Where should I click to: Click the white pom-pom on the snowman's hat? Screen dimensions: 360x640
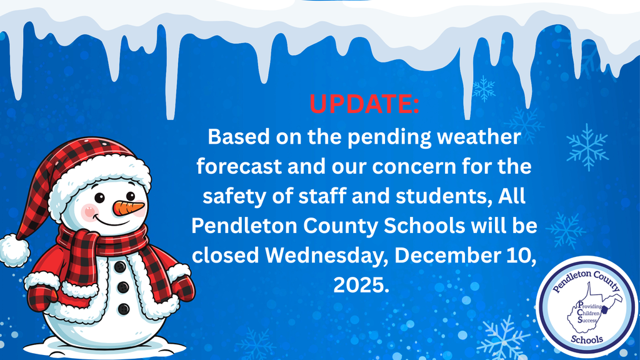click(x=14, y=249)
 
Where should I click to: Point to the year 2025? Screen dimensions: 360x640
click(x=361, y=285)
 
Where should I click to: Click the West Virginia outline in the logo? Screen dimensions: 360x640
click(x=584, y=310)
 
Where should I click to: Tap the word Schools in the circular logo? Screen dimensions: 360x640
click(x=586, y=340)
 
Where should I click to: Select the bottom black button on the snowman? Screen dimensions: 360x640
click(x=124, y=308)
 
